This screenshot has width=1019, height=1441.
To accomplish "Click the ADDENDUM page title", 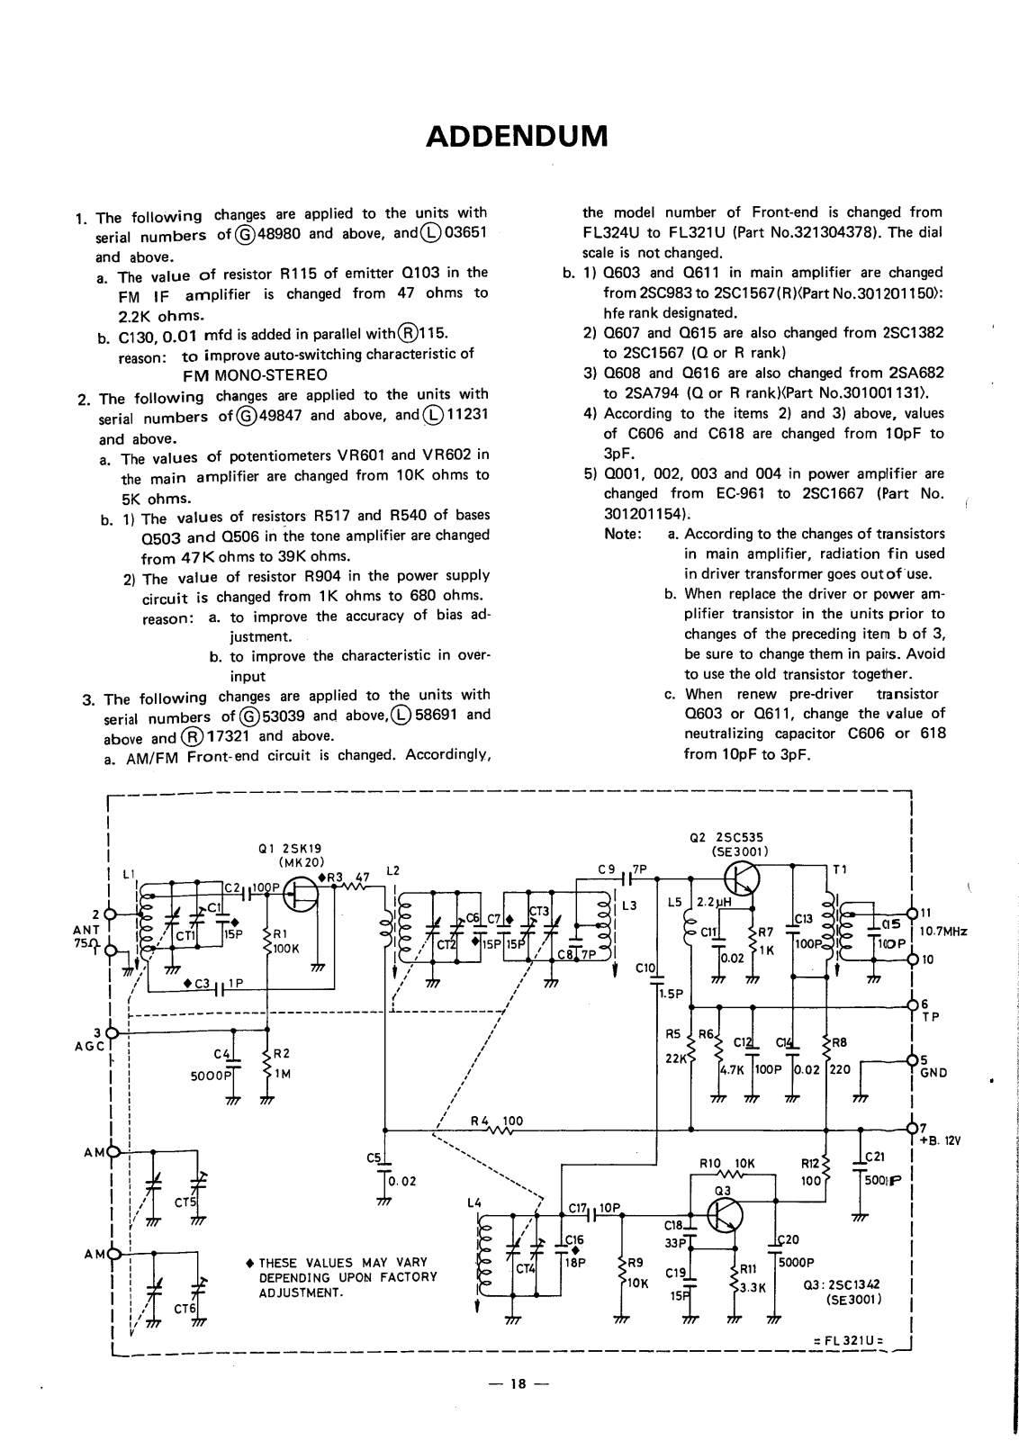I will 517,136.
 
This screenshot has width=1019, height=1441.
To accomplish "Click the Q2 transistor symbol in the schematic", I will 743,880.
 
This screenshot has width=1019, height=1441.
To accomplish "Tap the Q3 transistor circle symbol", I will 725,1215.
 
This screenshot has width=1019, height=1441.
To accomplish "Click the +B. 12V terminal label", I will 940,1139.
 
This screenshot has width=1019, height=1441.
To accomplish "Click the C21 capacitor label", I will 875,1157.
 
